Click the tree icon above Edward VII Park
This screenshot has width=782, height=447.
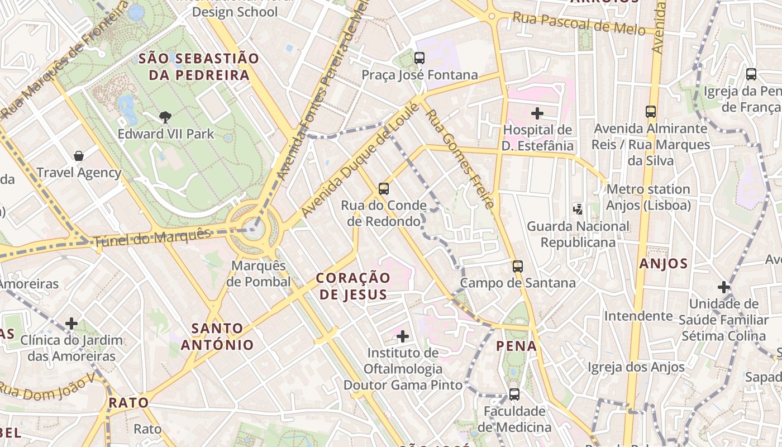click(x=165, y=117)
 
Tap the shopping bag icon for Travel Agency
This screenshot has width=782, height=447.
click(x=79, y=156)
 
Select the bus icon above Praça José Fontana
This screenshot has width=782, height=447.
click(x=419, y=58)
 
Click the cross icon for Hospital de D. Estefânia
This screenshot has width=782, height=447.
click(x=537, y=114)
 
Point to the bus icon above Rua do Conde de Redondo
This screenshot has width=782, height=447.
click(x=383, y=189)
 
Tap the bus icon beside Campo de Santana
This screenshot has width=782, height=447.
click(x=518, y=267)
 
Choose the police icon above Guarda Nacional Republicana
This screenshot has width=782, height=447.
click(x=578, y=210)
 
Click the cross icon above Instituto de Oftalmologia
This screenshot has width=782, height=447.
click(x=403, y=336)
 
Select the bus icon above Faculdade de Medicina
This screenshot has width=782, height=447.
click(x=514, y=394)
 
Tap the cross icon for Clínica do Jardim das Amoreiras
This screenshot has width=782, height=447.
click(x=71, y=324)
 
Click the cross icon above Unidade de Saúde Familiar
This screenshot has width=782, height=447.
click(x=724, y=288)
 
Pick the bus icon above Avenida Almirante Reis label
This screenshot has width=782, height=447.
click(x=651, y=112)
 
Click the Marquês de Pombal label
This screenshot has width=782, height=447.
click(x=259, y=274)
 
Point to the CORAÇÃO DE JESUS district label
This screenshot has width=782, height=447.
click(x=353, y=286)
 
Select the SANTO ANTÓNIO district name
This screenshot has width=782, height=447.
click(x=217, y=336)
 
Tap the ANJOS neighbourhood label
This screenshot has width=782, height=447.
click(x=663, y=264)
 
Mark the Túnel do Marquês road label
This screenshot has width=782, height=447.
click(x=152, y=237)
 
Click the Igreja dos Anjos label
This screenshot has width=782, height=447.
click(x=636, y=367)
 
